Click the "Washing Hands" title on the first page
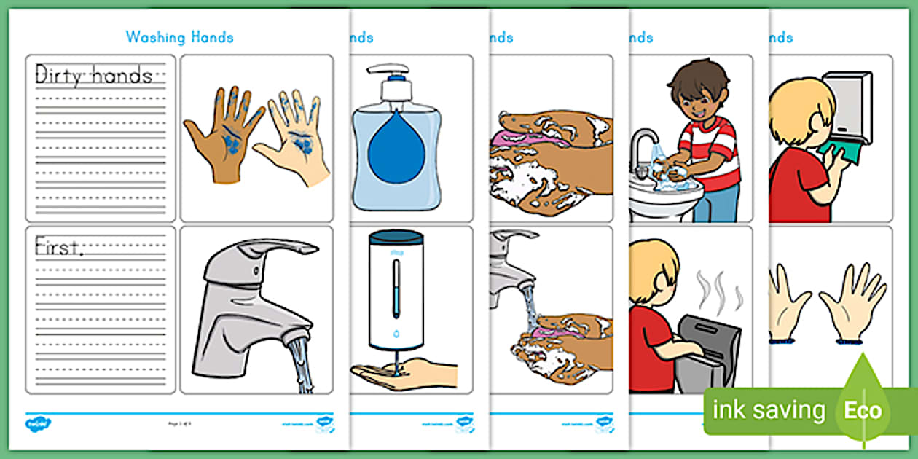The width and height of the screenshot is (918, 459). pyautogui.click(x=179, y=36)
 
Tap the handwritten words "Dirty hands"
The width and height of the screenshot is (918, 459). pyautogui.click(x=94, y=74)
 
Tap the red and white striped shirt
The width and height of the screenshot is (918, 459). pyautogui.click(x=710, y=149)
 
